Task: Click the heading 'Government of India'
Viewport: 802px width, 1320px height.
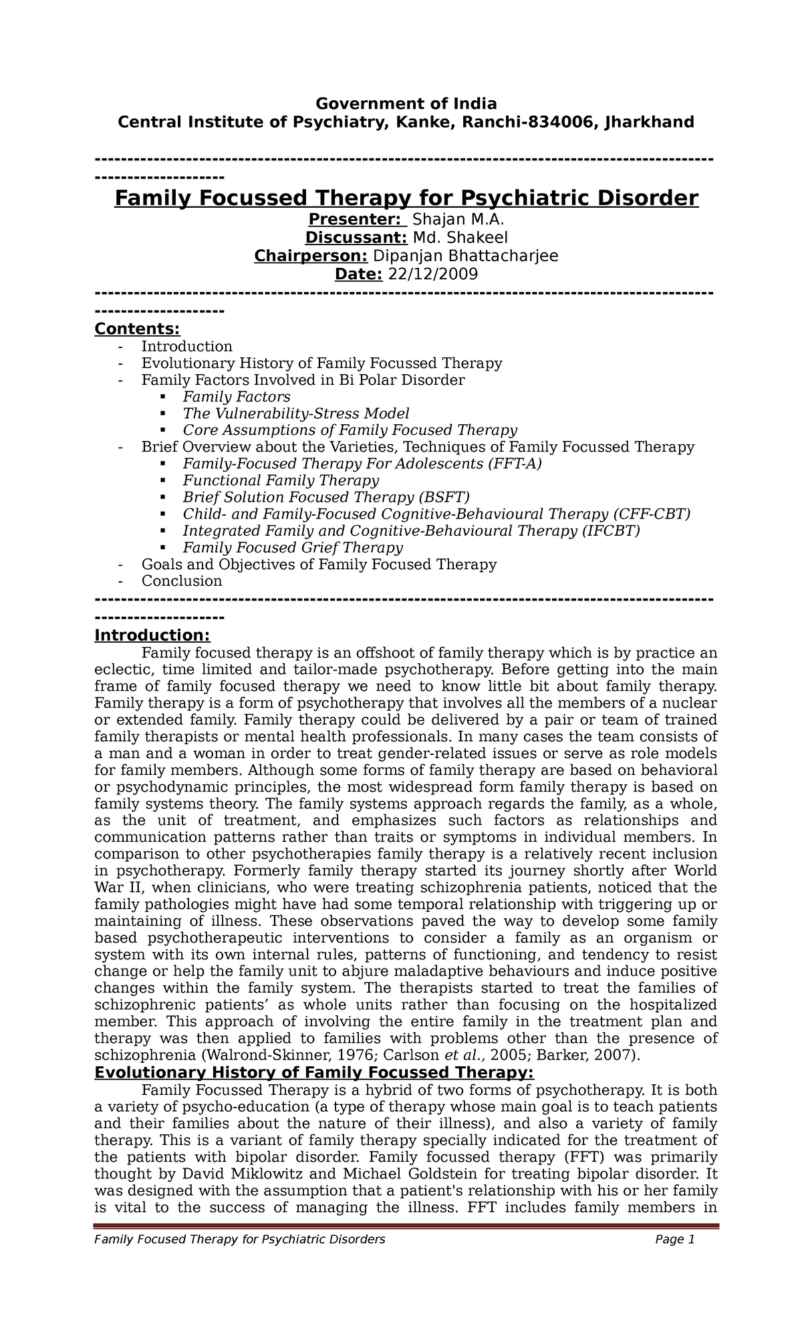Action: [x=406, y=104]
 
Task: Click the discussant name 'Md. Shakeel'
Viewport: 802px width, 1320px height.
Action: [x=460, y=238]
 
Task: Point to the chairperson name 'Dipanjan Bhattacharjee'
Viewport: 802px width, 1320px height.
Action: [x=465, y=256]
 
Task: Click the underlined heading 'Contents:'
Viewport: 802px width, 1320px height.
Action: [x=137, y=329]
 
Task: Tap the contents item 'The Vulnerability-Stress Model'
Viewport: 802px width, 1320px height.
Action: [x=295, y=414]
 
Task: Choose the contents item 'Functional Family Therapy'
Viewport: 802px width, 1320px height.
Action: [x=281, y=480]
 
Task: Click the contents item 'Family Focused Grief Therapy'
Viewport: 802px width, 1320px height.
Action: [x=293, y=548]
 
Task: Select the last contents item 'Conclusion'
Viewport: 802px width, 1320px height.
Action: [x=181, y=581]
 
